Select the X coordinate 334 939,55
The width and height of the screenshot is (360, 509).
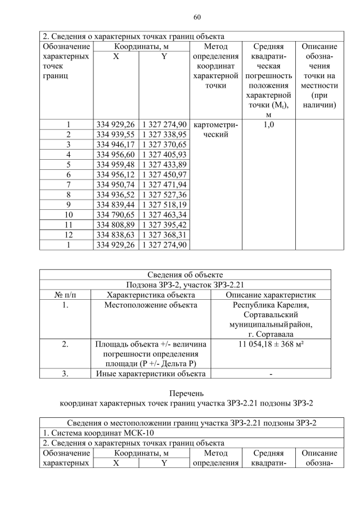click(116, 135)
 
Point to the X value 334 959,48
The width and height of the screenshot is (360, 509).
click(116, 164)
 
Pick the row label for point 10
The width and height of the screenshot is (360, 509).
click(68, 214)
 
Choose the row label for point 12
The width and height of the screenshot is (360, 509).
click(68, 234)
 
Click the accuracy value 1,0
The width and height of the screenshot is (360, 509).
click(268, 124)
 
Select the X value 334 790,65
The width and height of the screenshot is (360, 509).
click(116, 214)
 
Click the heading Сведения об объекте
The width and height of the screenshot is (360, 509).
click(185, 274)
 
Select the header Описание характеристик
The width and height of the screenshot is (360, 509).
click(271, 295)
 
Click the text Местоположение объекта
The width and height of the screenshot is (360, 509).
click(151, 305)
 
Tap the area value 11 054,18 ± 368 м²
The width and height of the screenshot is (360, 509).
click(271, 343)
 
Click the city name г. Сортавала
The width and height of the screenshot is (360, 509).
click(271, 335)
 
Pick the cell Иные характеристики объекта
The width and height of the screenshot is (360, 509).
click(151, 373)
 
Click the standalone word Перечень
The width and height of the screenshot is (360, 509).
click(185, 393)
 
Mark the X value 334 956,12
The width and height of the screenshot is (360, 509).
click(116, 174)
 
